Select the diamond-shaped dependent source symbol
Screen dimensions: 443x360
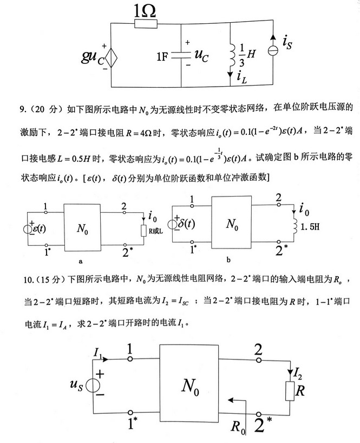point(110,58)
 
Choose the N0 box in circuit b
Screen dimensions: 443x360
point(232,223)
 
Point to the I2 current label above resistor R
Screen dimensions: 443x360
point(298,372)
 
